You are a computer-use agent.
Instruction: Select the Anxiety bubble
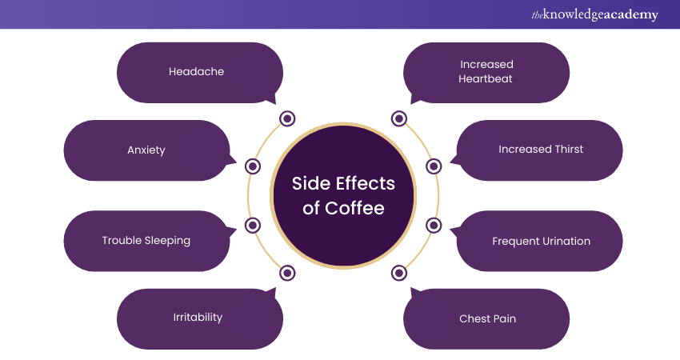tap(146, 150)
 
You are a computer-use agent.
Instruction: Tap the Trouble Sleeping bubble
tap(146, 240)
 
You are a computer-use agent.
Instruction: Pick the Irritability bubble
tap(198, 318)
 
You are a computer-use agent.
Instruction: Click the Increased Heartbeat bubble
tap(486, 72)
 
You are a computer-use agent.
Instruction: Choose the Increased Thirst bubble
tap(540, 150)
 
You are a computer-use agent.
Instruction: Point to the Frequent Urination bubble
tap(540, 240)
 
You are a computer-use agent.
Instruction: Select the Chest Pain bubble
tap(486, 318)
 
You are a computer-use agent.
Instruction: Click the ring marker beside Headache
tap(287, 119)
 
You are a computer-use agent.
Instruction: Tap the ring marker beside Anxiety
tap(253, 166)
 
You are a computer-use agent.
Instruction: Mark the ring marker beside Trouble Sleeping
tap(253, 225)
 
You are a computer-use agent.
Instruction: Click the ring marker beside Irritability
tap(287, 273)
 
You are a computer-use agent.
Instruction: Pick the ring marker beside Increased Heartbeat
tap(399, 119)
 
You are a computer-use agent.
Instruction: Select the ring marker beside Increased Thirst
tap(434, 166)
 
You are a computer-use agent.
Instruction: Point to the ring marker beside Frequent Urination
tap(434, 225)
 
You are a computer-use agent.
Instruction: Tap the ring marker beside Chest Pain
tap(399, 273)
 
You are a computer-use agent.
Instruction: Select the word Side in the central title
tap(310, 183)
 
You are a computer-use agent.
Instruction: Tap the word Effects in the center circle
tap(365, 183)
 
